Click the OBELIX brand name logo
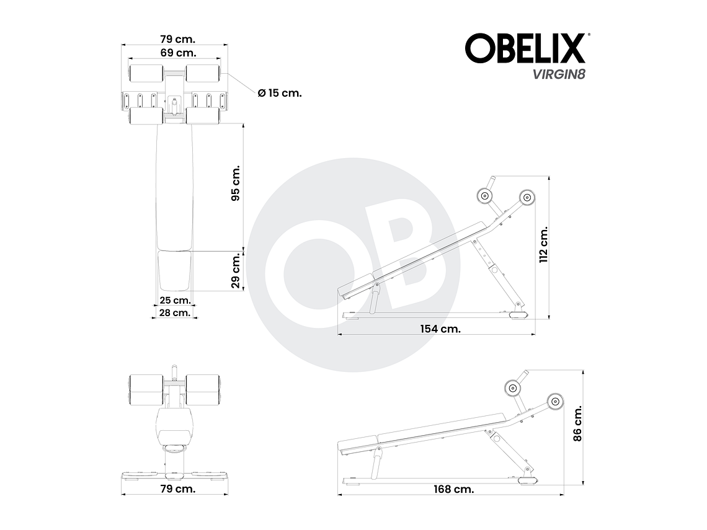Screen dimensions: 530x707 525,48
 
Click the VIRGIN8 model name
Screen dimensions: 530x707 552,74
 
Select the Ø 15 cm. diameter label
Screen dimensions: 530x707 280,92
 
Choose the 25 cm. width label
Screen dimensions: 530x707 174,300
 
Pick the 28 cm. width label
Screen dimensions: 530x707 174,312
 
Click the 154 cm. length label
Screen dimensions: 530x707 440,329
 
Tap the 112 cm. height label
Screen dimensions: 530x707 543,245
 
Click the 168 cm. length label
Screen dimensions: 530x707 453,489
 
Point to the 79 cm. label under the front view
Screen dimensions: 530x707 178,488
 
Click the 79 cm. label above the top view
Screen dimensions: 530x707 174,40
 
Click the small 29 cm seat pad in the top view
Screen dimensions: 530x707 174,270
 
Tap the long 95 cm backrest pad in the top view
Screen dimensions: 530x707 174,186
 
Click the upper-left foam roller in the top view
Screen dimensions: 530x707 146,73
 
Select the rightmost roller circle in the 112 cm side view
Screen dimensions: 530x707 527,197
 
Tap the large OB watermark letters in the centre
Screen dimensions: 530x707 353,265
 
